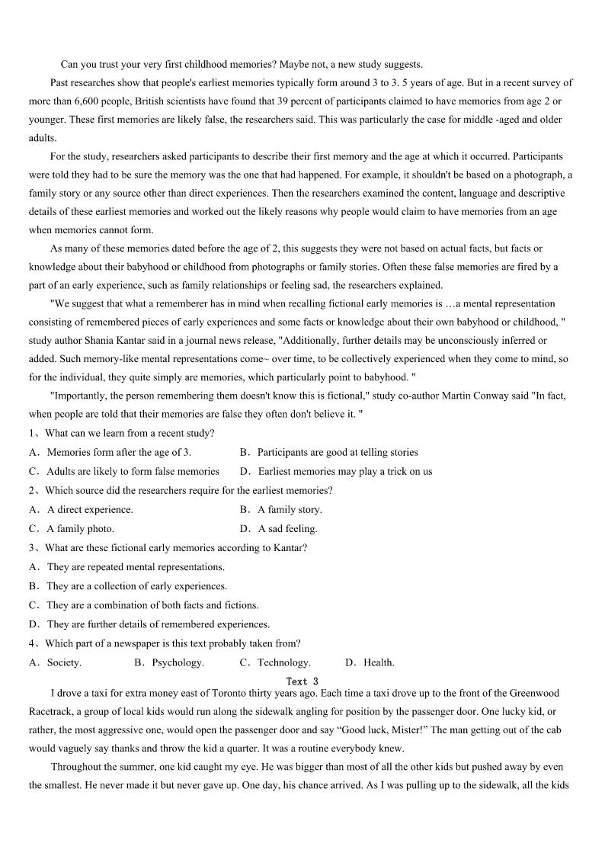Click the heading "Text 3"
tap(302, 681)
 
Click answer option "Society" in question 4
tap(64, 662)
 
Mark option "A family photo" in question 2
tap(80, 528)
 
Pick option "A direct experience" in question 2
tap(90, 509)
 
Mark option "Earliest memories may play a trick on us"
tap(344, 471)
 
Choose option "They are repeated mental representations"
tap(136, 567)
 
